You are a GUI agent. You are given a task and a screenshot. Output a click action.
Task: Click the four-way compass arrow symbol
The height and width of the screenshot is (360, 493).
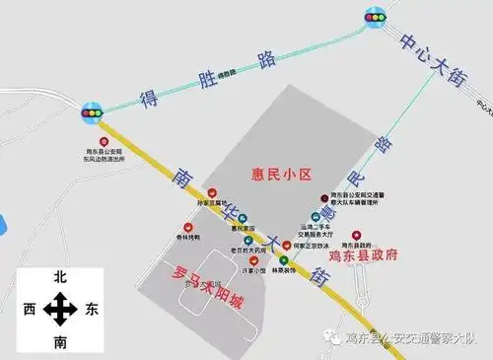(61, 311)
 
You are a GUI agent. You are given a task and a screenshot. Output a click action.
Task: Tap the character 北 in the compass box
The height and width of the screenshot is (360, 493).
(60, 280)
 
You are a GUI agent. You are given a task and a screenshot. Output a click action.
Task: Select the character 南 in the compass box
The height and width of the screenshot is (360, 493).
(60, 341)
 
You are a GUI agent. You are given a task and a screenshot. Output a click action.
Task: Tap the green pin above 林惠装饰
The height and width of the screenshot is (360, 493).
(283, 259)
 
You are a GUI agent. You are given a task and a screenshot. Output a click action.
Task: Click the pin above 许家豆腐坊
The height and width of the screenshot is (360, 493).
(213, 193)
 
